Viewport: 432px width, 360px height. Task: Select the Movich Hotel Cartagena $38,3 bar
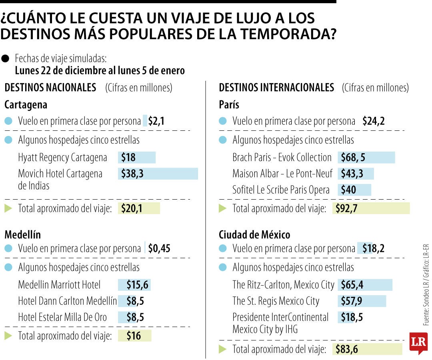pyautogui.click(x=158, y=174)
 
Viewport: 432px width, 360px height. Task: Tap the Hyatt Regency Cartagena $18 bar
pyautogui.click(x=136, y=158)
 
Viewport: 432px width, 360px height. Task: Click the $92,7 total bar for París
pyautogui.click(x=371, y=208)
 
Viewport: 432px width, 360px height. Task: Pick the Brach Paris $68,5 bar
pyautogui.click(x=366, y=158)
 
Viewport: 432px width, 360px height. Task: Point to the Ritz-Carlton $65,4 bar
pyautogui.click(x=365, y=285)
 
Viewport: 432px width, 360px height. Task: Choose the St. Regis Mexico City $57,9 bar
pyautogui.click(x=362, y=301)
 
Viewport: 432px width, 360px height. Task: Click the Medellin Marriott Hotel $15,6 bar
pyautogui.click(x=134, y=285)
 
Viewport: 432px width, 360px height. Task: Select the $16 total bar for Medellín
pyautogui.click(x=134, y=336)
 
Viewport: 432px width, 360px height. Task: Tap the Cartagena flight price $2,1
pyautogui.click(x=156, y=121)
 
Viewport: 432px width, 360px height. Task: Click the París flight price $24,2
pyautogui.click(x=373, y=121)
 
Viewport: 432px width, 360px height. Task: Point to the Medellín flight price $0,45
pyautogui.click(x=159, y=248)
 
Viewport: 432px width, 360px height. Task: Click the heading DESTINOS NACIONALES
pyautogui.click(x=50, y=88)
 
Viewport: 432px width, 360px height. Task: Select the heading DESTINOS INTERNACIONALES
pyautogui.click(x=276, y=88)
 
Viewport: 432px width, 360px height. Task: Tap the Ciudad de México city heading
pyautogui.click(x=254, y=234)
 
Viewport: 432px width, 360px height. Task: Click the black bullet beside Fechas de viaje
pyautogui.click(x=5, y=59)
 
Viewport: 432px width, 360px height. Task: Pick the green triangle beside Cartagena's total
pyautogui.click(x=8, y=208)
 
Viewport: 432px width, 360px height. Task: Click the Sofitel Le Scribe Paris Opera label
pyautogui.click(x=281, y=190)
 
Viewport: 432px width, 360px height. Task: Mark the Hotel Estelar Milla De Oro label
pyautogui.click(x=62, y=317)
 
